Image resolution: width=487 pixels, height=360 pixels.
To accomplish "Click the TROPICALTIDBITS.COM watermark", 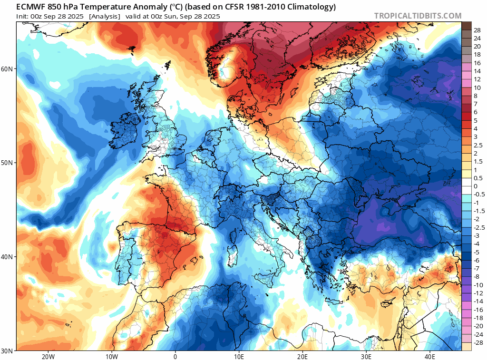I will [x=418, y=16].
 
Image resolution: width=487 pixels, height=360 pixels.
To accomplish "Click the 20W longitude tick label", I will [x=48, y=356].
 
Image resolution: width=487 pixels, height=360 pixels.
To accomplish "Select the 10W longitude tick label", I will [x=112, y=356].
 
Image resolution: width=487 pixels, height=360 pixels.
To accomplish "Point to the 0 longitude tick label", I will [x=175, y=356].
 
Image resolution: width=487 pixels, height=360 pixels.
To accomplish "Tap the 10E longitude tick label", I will [x=239, y=356].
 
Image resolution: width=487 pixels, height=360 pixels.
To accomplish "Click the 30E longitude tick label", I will [x=366, y=356].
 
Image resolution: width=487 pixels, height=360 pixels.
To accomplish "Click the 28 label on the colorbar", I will [x=477, y=30].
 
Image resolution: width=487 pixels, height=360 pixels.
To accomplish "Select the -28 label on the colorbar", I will [x=477, y=343].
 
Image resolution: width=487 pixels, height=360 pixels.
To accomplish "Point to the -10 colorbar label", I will [x=477, y=285].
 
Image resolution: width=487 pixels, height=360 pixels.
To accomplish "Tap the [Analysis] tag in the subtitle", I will [x=105, y=16].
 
